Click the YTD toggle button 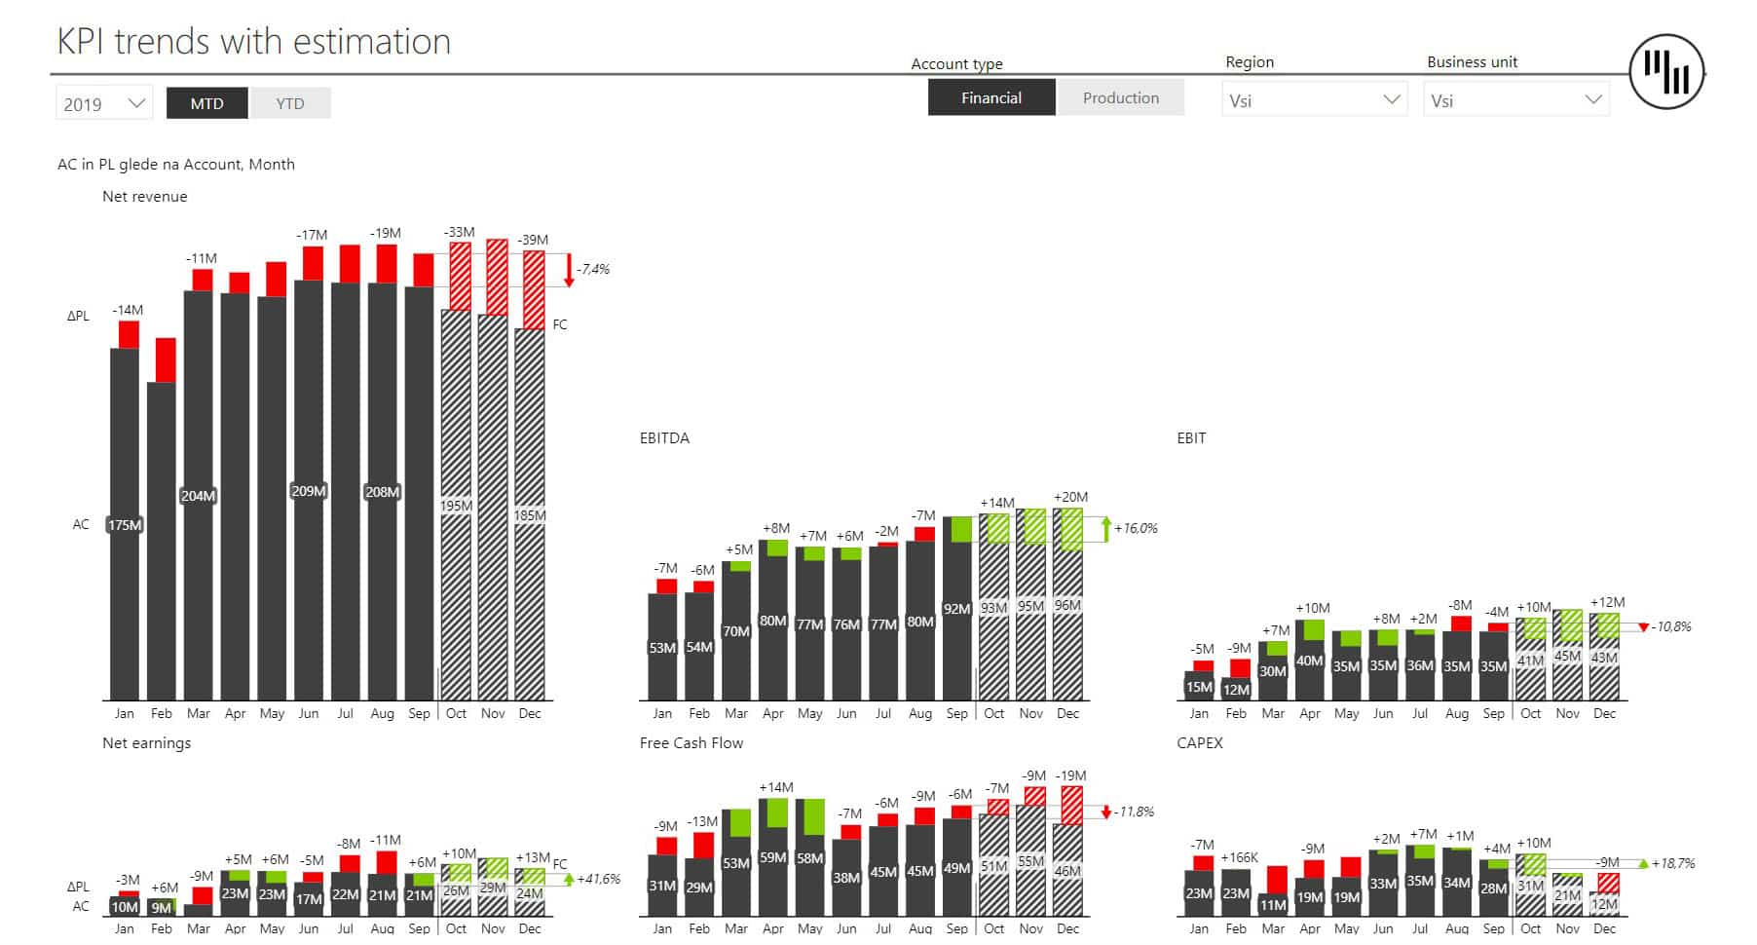click(x=290, y=103)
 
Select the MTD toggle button click(x=206, y=103)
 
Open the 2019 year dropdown click(x=103, y=103)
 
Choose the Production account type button click(x=1120, y=98)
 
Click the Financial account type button click(x=991, y=98)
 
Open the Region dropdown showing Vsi click(x=1313, y=100)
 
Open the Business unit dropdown click(x=1515, y=100)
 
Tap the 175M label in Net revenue click(x=125, y=525)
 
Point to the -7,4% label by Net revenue click(x=593, y=269)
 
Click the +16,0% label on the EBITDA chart click(x=1136, y=528)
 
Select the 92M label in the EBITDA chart click(x=956, y=609)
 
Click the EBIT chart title click(x=1191, y=438)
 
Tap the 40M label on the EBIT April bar click(x=1309, y=661)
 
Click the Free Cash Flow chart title click(x=691, y=743)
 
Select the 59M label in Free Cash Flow click(x=772, y=857)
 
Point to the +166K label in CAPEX click(x=1239, y=857)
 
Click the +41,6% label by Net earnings click(x=598, y=879)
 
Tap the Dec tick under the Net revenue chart click(x=530, y=713)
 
